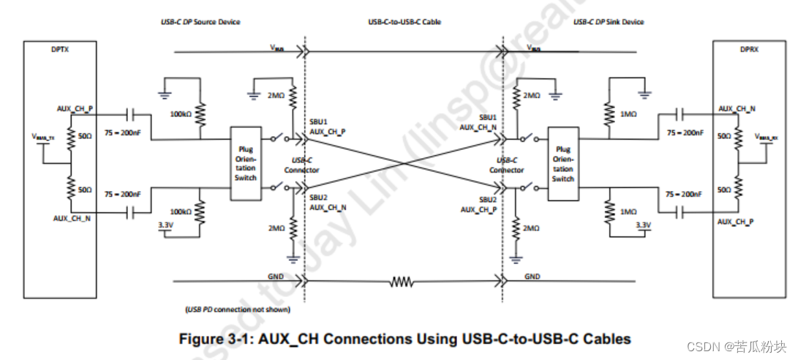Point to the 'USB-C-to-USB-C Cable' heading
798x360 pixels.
pyautogui.click(x=404, y=22)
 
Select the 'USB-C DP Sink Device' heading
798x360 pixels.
pyautogui.click(x=608, y=22)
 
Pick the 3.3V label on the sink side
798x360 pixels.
pyautogui.click(x=643, y=225)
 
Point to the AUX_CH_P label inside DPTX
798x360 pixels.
pyautogui.click(x=75, y=108)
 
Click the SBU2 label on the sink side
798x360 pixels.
pyautogui.click(x=488, y=200)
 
